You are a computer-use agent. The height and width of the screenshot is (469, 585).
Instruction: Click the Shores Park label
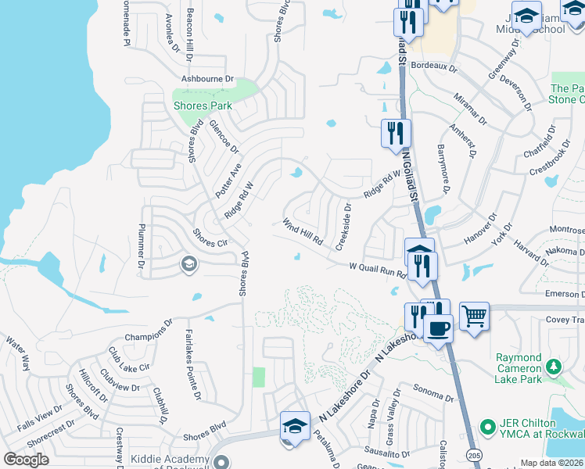pyautogui.click(x=202, y=106)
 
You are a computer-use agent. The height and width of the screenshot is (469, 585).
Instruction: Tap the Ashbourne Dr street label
pyautogui.click(x=208, y=79)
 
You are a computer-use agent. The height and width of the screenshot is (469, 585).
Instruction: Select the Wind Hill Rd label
pyautogui.click(x=303, y=231)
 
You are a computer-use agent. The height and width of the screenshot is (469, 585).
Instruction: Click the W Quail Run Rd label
pyautogui.click(x=377, y=270)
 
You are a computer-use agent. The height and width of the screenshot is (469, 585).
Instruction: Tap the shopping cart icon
pyautogui.click(x=474, y=316)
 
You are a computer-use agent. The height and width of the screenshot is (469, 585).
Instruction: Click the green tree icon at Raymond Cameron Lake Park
pyautogui.click(x=554, y=366)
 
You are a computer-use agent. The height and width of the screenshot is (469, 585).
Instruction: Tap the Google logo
pyautogui.click(x=26, y=459)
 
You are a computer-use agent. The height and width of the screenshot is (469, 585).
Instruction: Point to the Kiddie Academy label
pyautogui.click(x=169, y=459)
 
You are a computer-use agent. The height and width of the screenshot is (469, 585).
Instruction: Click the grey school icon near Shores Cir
pyautogui.click(x=188, y=265)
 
